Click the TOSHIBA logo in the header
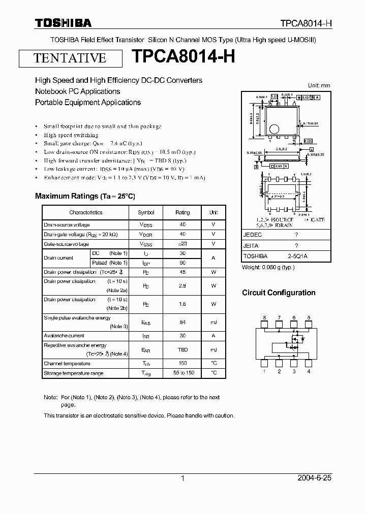(63, 23)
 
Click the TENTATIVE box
(70, 58)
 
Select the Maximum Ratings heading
(85, 196)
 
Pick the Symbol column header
(146, 212)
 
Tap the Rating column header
(182, 212)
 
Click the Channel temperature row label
(67, 364)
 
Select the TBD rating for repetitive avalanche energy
(182, 350)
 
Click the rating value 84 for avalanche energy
(182, 322)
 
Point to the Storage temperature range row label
(73, 373)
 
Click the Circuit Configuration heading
(279, 293)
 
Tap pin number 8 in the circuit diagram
(264, 318)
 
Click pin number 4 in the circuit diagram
(309, 371)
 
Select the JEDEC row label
(252, 235)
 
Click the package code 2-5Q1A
(297, 256)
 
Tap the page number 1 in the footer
(182, 478)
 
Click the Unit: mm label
(319, 85)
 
